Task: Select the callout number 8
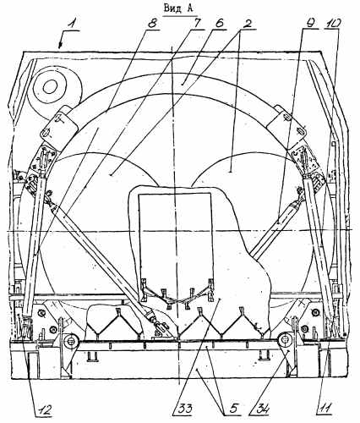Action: click(x=151, y=24)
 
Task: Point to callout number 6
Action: click(x=219, y=24)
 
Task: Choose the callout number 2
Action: click(x=247, y=24)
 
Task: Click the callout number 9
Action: click(x=310, y=24)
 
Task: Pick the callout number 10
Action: click(x=333, y=25)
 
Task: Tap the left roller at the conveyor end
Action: click(x=69, y=341)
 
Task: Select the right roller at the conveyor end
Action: click(x=285, y=339)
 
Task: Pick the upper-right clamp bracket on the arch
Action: click(x=287, y=124)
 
